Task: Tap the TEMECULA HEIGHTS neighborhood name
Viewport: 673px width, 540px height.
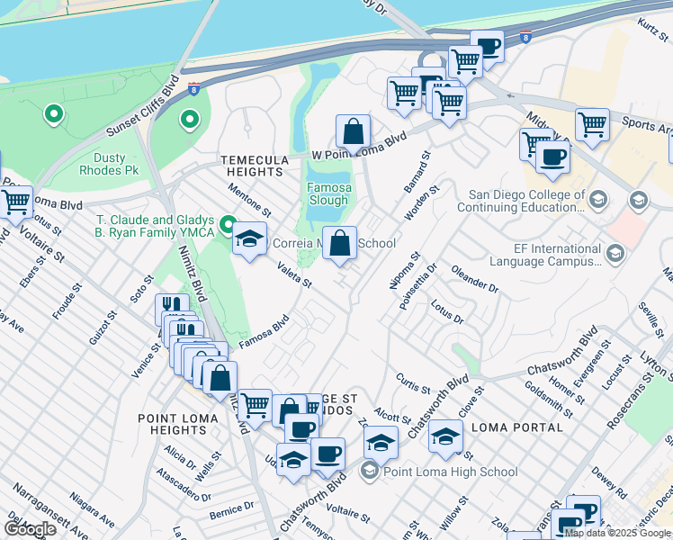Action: pos(253,166)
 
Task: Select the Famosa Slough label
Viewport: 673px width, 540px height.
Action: pos(328,194)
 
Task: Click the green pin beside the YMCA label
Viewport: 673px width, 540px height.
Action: pos(227,223)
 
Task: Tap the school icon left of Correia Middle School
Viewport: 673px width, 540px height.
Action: pos(249,239)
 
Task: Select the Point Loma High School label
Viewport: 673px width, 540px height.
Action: pos(450,472)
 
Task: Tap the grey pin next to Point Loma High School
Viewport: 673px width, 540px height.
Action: pos(369,471)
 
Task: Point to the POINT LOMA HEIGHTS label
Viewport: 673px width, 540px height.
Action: pos(177,425)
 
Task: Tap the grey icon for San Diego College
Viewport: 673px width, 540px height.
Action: pos(639,200)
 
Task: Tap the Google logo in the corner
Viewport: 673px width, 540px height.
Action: pos(29,529)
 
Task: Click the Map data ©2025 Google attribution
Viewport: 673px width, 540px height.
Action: pos(617,533)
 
